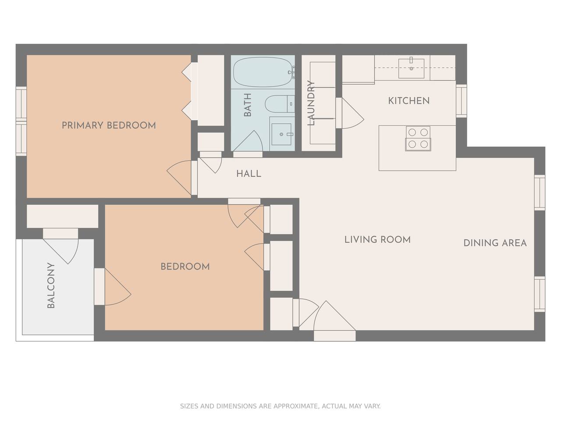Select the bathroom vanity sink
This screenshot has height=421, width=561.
(x=281, y=134)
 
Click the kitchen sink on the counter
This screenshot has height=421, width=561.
(x=411, y=68)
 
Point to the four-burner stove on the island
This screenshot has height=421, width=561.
(x=418, y=139)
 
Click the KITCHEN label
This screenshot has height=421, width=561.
(x=408, y=101)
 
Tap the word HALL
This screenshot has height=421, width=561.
(x=249, y=174)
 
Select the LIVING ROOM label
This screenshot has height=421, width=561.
(x=377, y=239)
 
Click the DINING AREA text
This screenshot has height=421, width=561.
(x=495, y=243)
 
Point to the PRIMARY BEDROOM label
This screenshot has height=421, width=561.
(x=109, y=125)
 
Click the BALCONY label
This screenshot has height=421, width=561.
(x=51, y=285)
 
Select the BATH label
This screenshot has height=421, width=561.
(x=247, y=104)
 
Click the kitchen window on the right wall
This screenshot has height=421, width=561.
(x=462, y=101)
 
